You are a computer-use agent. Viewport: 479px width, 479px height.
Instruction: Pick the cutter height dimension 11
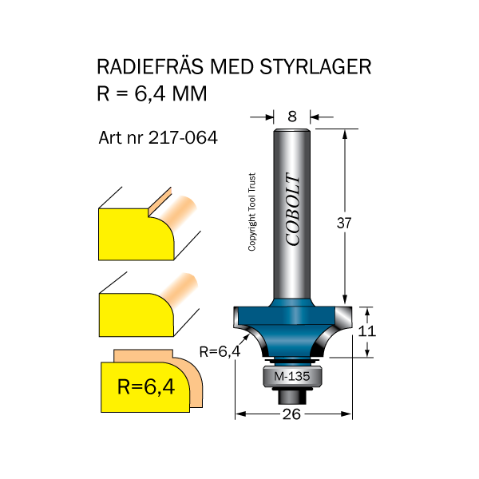tap(367, 331)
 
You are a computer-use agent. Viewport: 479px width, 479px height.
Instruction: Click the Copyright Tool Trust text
tap(251, 213)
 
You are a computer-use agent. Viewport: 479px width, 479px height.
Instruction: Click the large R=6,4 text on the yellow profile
tap(146, 388)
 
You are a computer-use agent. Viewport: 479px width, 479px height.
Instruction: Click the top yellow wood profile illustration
tap(136, 233)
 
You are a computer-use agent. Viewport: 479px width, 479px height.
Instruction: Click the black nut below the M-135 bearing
tap(289, 394)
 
